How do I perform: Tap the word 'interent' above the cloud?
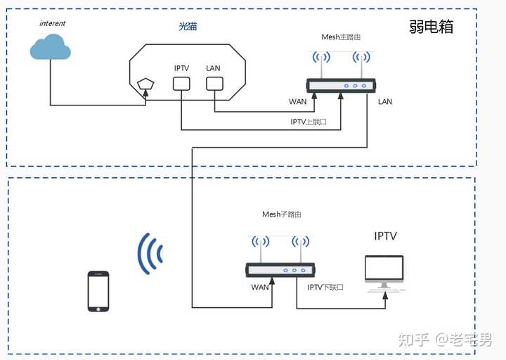pos(52,23)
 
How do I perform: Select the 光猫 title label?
pos(188,26)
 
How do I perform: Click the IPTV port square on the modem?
pos(181,84)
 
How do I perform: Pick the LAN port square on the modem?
pos(214,84)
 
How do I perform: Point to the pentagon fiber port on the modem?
pos(145,84)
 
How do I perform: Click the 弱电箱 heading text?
pos(431,27)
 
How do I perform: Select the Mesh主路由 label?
pos(341,37)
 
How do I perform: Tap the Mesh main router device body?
pos(341,86)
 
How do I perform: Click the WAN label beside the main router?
pos(297,102)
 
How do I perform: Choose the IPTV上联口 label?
pos(309,122)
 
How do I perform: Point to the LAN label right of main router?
pos(385,102)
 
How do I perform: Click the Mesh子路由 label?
pos(281,214)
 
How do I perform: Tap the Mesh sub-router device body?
pos(280,270)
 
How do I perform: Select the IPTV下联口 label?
pos(325,287)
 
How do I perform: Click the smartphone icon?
pos(98,291)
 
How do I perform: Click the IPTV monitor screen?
pos(384,268)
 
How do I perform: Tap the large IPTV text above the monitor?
pos(385,236)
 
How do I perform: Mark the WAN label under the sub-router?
pos(260,287)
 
